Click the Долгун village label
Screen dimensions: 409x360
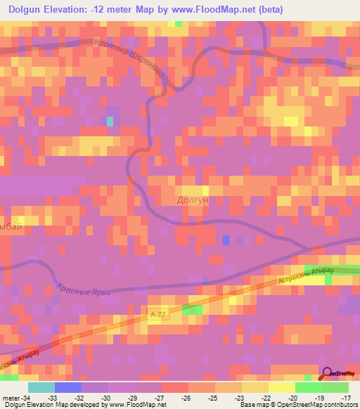[x=191, y=200]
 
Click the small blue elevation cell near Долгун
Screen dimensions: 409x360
[x=226, y=240]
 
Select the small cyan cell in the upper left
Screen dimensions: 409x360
[x=110, y=121]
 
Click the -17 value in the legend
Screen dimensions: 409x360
[x=347, y=397]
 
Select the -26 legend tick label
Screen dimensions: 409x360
[x=186, y=397]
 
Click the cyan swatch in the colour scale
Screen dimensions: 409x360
[x=41, y=387]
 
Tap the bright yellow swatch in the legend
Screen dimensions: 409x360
[x=281, y=387]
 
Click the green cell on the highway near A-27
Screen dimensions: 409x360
[x=192, y=309]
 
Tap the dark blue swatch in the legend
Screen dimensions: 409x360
[x=67, y=387]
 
